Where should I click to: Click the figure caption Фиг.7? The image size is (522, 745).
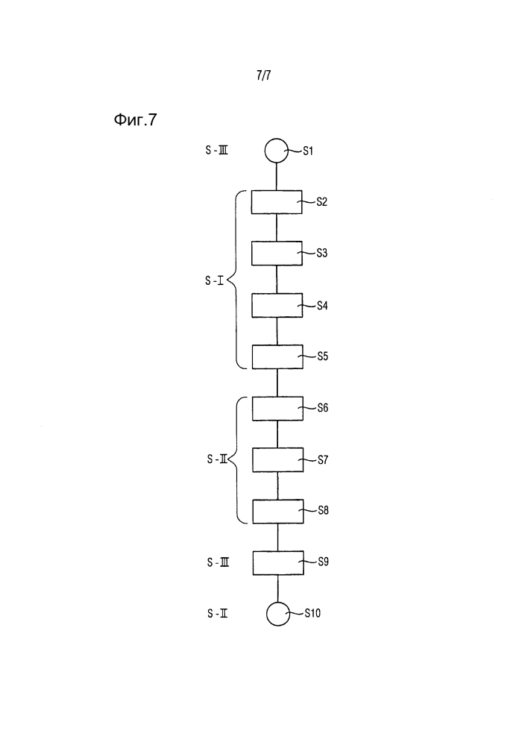click(135, 120)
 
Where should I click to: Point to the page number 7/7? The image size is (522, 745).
click(264, 75)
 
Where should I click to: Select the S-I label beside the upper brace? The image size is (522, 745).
click(215, 281)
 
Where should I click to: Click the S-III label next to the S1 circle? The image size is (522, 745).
click(216, 150)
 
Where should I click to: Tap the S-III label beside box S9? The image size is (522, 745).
click(218, 562)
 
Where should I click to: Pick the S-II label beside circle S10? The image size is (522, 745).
click(217, 614)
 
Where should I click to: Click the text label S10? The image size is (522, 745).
click(312, 614)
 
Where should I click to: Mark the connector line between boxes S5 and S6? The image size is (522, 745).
click(277, 383)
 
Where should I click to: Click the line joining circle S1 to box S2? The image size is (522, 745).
click(277, 177)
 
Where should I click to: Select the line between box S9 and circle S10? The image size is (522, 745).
click(278, 588)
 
